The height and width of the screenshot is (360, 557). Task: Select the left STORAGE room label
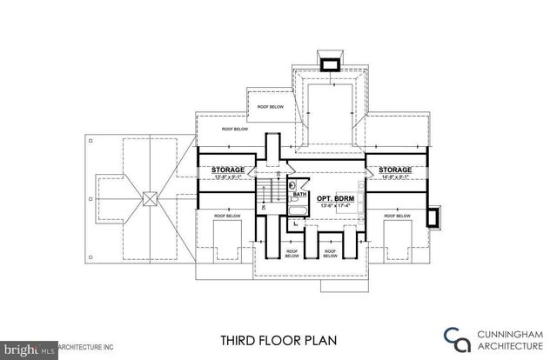[226, 170]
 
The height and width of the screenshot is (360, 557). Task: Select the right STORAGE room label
[394, 170]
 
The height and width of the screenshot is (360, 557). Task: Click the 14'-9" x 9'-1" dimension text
[394, 177]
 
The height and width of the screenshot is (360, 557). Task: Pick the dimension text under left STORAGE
[226, 177]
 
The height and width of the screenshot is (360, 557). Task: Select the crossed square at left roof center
[150, 197]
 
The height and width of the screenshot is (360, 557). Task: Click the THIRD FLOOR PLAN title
[278, 340]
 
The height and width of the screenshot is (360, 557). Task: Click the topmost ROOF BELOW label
[272, 107]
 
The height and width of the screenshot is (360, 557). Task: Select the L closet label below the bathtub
[296, 223]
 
